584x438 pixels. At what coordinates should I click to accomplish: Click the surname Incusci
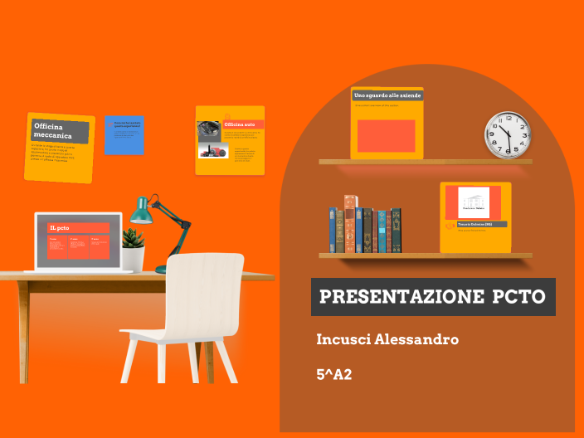pyautogui.click(x=343, y=339)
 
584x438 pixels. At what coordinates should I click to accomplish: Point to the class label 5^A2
pyautogui.click(x=333, y=374)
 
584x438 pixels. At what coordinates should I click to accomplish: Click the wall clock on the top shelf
pyautogui.click(x=507, y=134)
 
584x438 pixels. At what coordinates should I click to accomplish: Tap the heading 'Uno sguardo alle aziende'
pyautogui.click(x=387, y=96)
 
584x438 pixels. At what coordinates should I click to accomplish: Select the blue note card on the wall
pyautogui.click(x=124, y=135)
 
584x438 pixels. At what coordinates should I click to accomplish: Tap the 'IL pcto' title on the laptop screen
pyautogui.click(x=60, y=227)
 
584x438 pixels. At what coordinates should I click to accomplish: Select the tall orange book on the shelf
pyautogui.click(x=349, y=223)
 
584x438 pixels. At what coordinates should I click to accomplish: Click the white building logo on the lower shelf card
pyautogui.click(x=473, y=203)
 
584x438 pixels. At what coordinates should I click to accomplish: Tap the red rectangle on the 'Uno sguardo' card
pyautogui.click(x=386, y=136)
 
